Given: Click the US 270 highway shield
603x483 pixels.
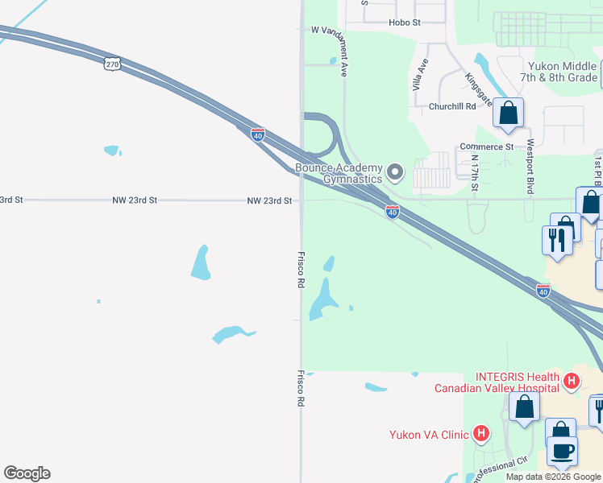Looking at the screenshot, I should tap(113, 64).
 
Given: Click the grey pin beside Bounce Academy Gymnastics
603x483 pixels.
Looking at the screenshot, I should tap(395, 172).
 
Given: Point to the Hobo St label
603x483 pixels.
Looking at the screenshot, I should tap(404, 23).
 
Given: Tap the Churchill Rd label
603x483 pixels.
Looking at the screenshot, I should tap(452, 106).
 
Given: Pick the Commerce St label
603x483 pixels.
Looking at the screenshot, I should tap(486, 147).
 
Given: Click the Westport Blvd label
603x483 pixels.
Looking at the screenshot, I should tap(530, 167).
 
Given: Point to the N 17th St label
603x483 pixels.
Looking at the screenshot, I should tap(475, 173).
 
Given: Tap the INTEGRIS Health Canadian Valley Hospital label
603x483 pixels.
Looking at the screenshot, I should tap(497, 382).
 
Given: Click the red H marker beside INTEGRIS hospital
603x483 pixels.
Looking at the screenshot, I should tap(572, 380).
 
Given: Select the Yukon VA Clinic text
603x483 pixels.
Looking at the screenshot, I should tap(428, 435).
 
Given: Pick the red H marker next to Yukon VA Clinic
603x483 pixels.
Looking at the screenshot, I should tap(481, 434).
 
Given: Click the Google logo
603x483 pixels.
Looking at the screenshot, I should tap(27, 473).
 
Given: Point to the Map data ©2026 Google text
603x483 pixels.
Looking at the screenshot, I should tap(554, 477).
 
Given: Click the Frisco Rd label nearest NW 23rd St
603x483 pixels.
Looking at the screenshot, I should tap(300, 269).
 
